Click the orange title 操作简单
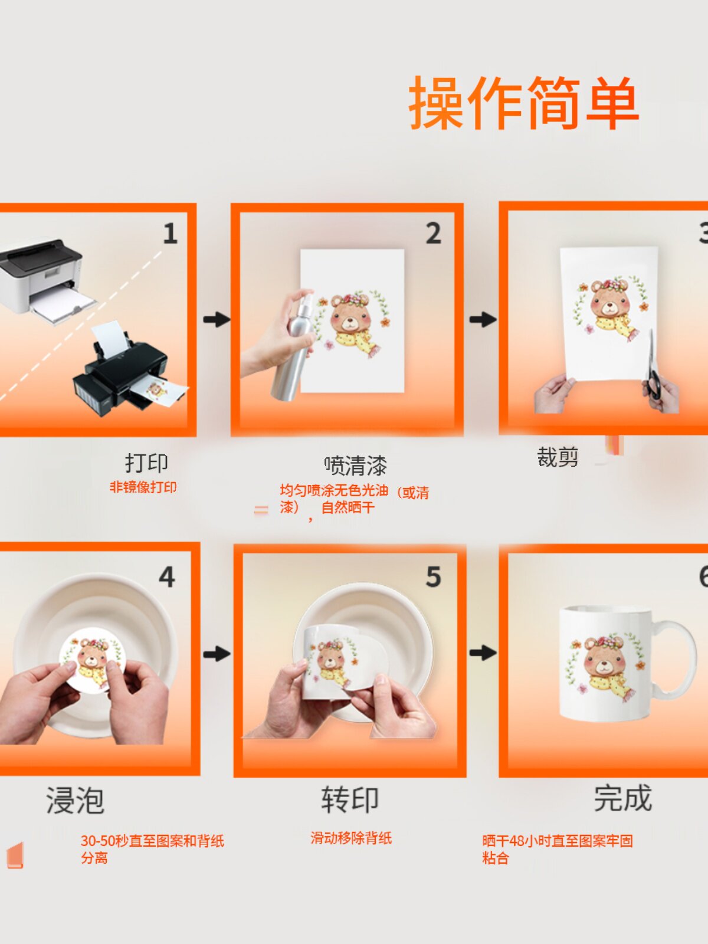(524, 103)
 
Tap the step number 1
(170, 234)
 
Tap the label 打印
(146, 463)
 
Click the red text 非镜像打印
(143, 487)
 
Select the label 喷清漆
(355, 466)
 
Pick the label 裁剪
(558, 457)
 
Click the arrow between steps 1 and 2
(217, 319)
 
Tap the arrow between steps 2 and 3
(483, 319)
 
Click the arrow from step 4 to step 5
(217, 654)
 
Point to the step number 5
(433, 577)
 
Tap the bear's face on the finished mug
(604, 661)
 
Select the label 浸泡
(76, 801)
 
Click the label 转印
(350, 800)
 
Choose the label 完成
(622, 799)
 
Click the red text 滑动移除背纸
(351, 838)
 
